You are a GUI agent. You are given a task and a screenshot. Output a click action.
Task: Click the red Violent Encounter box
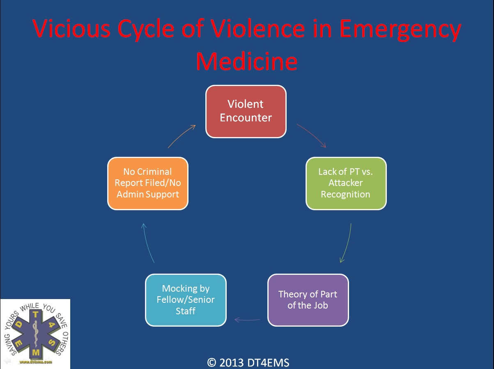click(x=246, y=111)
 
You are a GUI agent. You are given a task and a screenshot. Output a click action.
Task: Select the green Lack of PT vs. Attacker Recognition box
click(x=346, y=183)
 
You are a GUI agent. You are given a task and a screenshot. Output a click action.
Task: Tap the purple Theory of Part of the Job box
click(x=308, y=299)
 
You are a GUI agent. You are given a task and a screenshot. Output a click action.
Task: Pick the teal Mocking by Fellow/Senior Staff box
click(x=185, y=299)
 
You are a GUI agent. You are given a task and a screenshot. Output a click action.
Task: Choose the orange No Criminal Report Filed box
click(x=148, y=183)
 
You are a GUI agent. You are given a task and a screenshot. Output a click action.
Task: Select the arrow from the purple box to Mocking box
click(x=247, y=319)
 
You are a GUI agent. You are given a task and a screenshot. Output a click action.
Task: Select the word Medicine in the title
click(x=246, y=61)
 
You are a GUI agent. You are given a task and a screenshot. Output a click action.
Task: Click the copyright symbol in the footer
click(x=212, y=362)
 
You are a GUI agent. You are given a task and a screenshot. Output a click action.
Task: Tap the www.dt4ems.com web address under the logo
click(x=36, y=362)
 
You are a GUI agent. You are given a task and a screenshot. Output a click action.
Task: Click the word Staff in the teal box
click(x=185, y=311)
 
